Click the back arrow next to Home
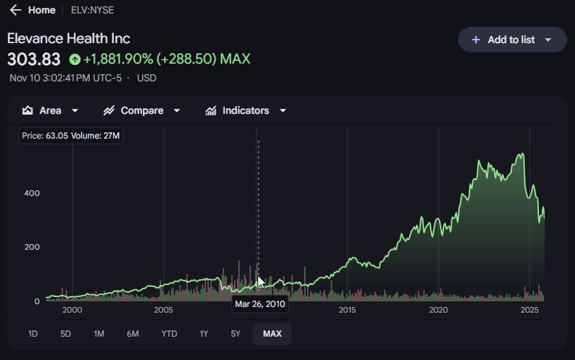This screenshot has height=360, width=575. tap(16, 11)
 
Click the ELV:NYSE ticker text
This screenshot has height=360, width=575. tap(88, 11)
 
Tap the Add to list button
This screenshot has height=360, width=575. tap(512, 40)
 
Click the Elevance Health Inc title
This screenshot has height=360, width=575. tap(69, 38)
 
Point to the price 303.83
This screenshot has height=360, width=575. tap(34, 59)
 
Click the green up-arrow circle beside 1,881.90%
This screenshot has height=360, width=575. tap(74, 59)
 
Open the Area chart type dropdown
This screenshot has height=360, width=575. tap(50, 110)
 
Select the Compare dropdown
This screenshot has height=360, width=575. tap(141, 110)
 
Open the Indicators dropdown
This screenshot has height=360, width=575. tap(245, 110)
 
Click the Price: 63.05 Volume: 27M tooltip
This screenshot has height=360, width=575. tap(71, 136)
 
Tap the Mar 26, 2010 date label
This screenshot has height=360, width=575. tap(260, 304)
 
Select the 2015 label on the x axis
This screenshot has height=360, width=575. tap(347, 310)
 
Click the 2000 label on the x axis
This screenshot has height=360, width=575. tap(72, 310)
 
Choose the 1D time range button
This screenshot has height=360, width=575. tap(33, 334)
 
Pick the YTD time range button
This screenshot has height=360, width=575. tap(169, 334)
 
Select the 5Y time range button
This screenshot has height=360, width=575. tap(236, 334)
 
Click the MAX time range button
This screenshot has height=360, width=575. tap(272, 334)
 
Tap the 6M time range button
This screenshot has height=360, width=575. tap(133, 334)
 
